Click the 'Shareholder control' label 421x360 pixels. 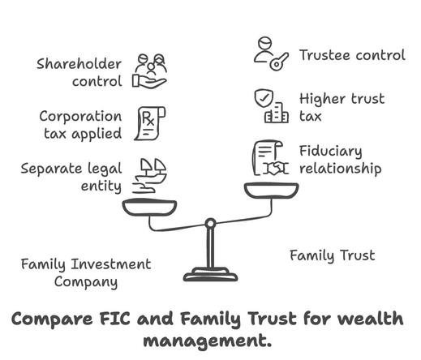(79, 73)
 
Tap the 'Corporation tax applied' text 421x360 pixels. (80, 125)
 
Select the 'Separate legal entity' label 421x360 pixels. (71, 178)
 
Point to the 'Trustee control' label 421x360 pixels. (352, 55)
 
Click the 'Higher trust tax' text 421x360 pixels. (342, 108)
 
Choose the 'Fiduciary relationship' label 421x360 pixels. (340, 160)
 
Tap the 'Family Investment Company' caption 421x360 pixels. (86, 273)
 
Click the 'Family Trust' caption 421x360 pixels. (333, 255)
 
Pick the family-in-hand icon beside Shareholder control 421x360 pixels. (149, 71)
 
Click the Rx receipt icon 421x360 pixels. (150, 123)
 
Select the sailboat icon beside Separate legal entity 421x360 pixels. (149, 176)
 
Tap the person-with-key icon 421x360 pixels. (271, 54)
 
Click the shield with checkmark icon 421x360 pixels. (264, 98)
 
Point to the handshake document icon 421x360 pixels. (271, 158)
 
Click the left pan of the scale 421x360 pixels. (149, 208)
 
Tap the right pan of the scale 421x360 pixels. (272, 191)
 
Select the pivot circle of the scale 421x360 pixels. (210, 224)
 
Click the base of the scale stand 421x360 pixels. (210, 275)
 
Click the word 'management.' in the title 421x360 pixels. (208, 341)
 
